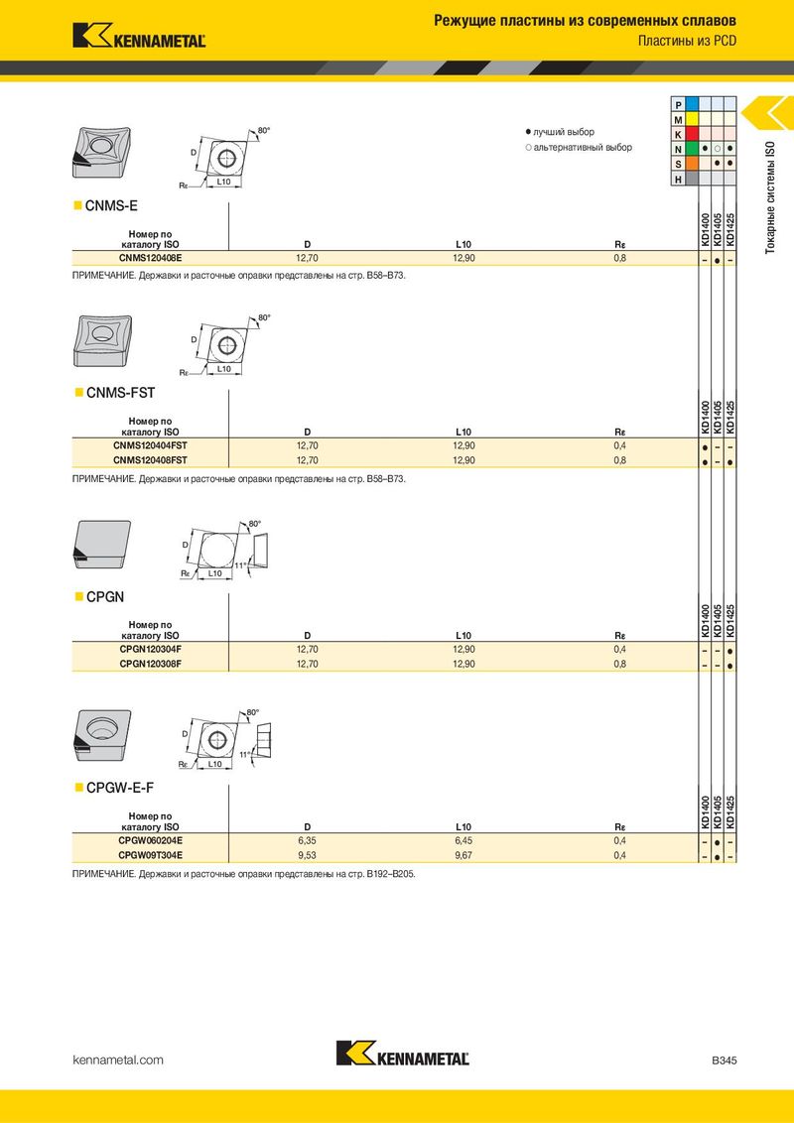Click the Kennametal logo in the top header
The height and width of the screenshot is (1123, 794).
pos(139,36)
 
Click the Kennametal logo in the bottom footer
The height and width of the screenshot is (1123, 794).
pos(403,1053)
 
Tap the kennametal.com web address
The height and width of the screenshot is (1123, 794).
pos(118,1060)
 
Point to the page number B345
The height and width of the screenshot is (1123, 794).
pos(724,1060)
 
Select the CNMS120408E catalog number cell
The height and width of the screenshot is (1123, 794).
pos(151,258)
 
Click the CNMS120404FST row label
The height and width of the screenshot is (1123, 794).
pos(151,445)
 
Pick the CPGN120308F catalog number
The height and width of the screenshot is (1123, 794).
pos(151,664)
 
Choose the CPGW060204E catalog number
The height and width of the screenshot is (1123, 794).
pos(151,841)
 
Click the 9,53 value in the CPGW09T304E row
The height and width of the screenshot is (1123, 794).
pos(308,855)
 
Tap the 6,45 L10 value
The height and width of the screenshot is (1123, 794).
pos(463,841)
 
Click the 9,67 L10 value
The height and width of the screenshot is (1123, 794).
pos(463,855)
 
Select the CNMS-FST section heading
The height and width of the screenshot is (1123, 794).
pos(120,393)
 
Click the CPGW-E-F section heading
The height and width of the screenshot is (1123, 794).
pos(120,788)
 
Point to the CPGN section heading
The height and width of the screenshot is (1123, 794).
pos(104,596)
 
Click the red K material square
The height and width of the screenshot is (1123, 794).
pos(692,134)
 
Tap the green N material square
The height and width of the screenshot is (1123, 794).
pos(692,149)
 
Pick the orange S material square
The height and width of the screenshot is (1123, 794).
pos(692,164)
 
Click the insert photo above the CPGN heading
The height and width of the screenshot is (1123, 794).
pos(102,545)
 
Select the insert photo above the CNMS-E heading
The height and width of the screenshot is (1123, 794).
pos(102,152)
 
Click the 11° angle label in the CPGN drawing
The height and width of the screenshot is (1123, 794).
pos(240,565)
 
